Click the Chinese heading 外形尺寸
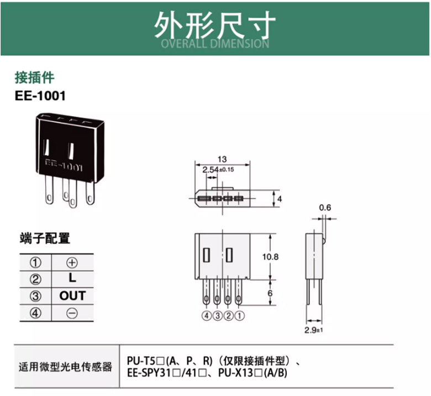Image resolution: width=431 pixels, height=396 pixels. click(x=214, y=25)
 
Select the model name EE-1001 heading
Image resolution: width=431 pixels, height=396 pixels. click(x=40, y=96)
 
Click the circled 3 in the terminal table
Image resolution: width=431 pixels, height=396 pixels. click(x=35, y=296)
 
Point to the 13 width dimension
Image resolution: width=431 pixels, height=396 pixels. click(x=223, y=159)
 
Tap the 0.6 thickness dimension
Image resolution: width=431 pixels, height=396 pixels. click(x=325, y=208)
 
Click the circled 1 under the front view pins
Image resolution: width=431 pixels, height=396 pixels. click(x=239, y=317)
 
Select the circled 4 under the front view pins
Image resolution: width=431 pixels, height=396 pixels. click(x=206, y=317)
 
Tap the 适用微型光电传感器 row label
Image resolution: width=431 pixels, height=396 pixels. click(x=65, y=366)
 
